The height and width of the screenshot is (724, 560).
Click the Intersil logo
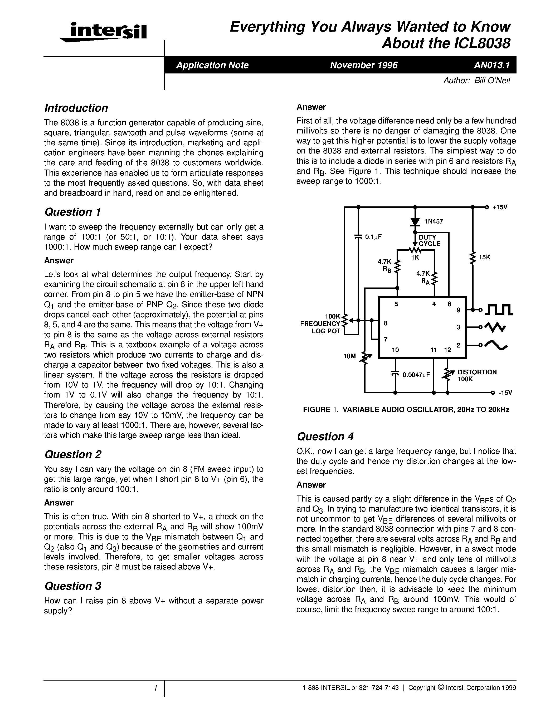point(104,32)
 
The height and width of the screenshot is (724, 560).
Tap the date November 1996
point(364,65)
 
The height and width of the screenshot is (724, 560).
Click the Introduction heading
point(76,108)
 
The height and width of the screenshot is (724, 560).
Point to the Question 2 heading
point(73,454)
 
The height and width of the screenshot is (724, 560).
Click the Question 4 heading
point(325,437)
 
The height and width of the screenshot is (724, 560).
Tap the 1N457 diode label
point(434,221)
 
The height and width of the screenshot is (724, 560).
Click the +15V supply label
point(500,207)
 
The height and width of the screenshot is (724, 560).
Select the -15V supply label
point(505,393)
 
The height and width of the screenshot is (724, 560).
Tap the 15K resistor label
point(485,257)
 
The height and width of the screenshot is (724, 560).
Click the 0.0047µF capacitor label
point(416,375)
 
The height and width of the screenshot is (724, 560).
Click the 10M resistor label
point(350,356)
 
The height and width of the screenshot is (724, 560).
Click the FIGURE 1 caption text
point(406,410)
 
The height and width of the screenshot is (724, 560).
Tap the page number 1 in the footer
point(155,688)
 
